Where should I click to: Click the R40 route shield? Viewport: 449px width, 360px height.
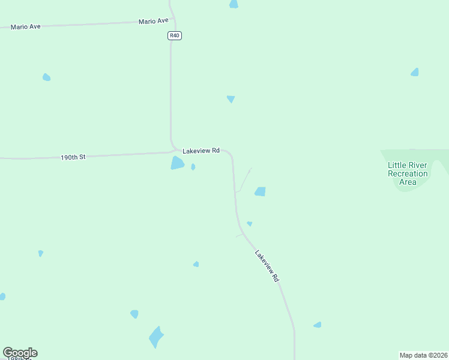coord(174,35)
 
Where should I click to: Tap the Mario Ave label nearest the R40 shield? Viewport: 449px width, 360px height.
coord(153,21)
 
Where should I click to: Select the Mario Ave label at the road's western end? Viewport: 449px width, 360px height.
coord(25,26)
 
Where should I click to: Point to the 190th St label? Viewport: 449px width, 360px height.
coord(73,157)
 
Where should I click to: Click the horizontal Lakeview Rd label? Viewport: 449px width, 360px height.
coord(201,151)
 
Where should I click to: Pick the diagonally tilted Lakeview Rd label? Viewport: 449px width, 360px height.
coord(267,266)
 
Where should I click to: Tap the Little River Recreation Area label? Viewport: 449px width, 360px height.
coord(408,173)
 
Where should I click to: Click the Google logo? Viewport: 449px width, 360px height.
coord(20,353)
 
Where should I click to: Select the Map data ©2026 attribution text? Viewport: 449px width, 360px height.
coord(424,355)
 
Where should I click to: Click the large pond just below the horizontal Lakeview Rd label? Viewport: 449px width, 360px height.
coord(177,163)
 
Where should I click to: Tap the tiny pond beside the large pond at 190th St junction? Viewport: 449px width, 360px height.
coord(193,167)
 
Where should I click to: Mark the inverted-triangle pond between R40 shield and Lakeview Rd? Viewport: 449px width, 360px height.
coord(231,99)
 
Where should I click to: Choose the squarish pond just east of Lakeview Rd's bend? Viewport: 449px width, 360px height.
coord(260,191)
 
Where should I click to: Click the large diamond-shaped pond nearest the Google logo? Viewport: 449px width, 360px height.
coord(156,337)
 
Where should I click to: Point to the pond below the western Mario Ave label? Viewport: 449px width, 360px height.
coord(46,77)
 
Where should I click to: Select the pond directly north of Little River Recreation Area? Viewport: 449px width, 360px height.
coord(415,72)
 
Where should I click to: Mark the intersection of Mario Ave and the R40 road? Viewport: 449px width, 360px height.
coord(171,21)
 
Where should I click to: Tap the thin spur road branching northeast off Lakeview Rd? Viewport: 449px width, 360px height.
coord(244,179)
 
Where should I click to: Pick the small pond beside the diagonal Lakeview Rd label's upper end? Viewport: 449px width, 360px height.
coord(249,224)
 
